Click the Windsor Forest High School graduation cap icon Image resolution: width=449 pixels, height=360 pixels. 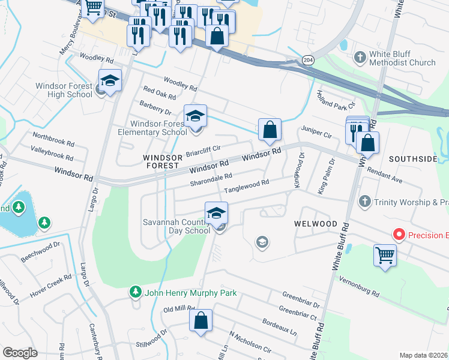pyautogui.click(x=110, y=82)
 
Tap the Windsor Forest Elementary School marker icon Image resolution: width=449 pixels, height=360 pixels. pyautogui.click(x=195, y=116)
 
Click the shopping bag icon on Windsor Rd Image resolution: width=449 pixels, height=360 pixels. pyautogui.click(x=270, y=130)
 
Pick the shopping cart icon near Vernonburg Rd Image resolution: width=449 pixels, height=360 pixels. pyautogui.click(x=385, y=255)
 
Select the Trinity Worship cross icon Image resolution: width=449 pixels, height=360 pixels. pyautogui.click(x=363, y=202)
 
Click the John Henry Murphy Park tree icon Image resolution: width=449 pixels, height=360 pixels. pyautogui.click(x=136, y=292)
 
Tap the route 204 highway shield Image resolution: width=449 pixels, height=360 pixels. pyautogui.click(x=307, y=61)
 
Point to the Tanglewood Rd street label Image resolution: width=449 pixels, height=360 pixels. pyautogui.click(x=247, y=186)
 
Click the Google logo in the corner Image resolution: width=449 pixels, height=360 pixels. pyautogui.click(x=20, y=352)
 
